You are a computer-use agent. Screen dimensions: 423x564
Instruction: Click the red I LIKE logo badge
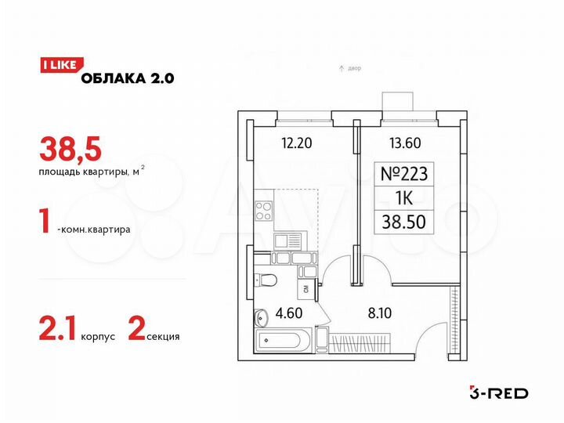coord(57,67)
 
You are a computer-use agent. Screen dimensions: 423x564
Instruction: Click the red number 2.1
coord(56,334)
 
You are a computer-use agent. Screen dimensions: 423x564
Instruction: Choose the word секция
coord(163,337)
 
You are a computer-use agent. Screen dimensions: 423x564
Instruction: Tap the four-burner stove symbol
coord(265,211)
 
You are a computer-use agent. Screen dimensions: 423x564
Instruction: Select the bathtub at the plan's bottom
coord(282,341)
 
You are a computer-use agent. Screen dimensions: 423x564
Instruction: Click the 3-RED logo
coord(497,392)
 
